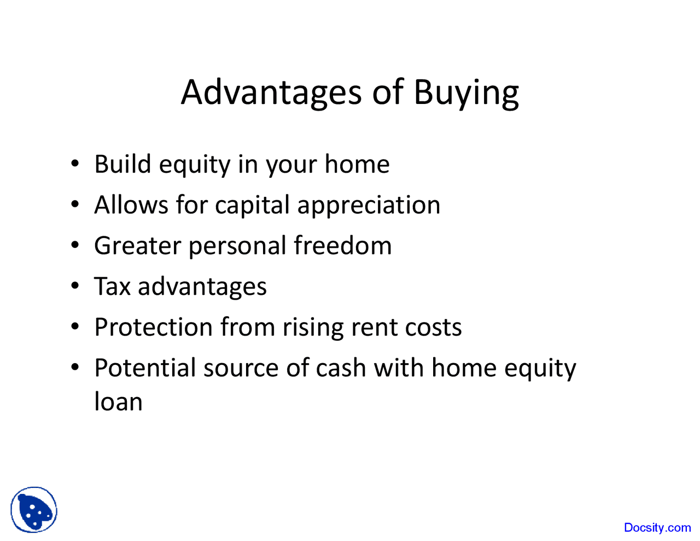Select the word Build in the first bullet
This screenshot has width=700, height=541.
(122, 164)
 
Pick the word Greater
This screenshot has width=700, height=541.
(137, 246)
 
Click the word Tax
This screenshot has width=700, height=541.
(112, 287)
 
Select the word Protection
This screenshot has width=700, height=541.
(153, 327)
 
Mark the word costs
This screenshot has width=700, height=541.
(433, 328)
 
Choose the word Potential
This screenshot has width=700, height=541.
(145, 368)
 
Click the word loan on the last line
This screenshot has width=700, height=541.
(118, 402)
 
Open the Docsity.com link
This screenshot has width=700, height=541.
(657, 528)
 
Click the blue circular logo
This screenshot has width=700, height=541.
(34, 510)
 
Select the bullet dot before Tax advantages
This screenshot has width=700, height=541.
(75, 286)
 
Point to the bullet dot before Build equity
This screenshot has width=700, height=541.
(75, 164)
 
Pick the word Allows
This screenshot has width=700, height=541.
(131, 205)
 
